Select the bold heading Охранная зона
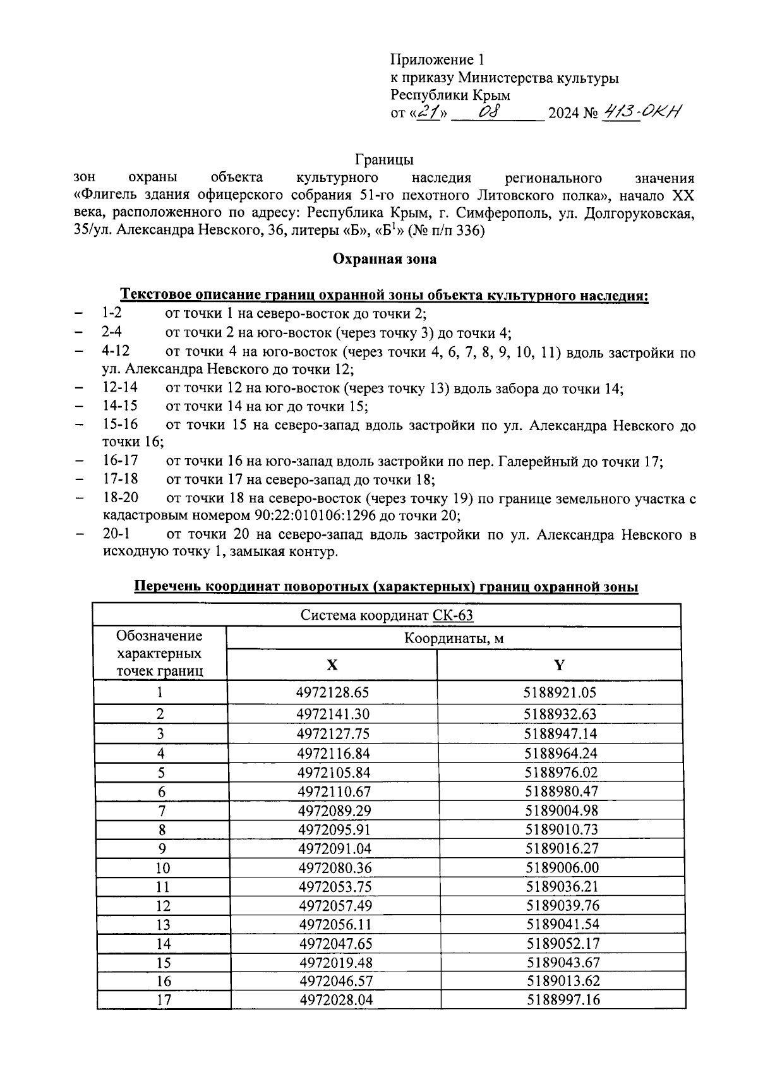point(384,259)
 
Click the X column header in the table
point(332,665)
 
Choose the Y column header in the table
point(559,665)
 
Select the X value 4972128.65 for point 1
point(332,692)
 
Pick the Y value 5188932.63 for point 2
point(560,714)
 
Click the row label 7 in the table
point(162,810)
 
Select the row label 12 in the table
point(163,906)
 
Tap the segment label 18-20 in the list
point(120,498)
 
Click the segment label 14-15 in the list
point(120,406)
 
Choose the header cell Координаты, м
point(454,639)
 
